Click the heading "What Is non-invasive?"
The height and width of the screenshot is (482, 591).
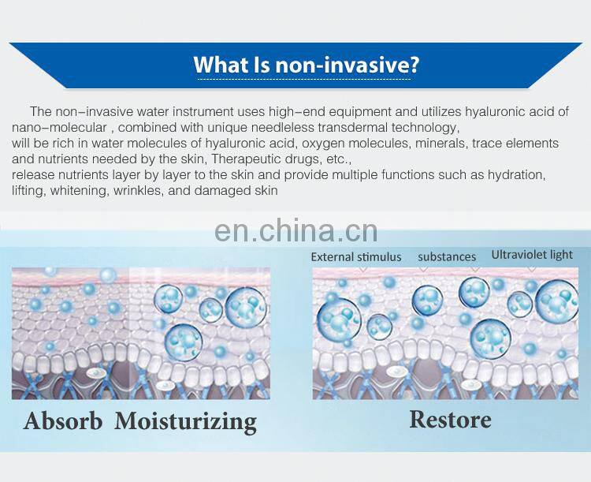pos(306,65)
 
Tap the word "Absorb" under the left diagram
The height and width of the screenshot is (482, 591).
pos(63,420)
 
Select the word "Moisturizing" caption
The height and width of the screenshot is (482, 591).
pos(186,420)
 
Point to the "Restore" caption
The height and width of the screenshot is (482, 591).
pos(450,419)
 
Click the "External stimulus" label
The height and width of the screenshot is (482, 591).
pos(356,256)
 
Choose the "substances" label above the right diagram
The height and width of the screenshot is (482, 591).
pos(447,256)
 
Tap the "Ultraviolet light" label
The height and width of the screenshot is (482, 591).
pos(532,255)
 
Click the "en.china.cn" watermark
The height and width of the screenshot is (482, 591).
pos(295,231)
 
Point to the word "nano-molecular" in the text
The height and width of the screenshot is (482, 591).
pos(51,128)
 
